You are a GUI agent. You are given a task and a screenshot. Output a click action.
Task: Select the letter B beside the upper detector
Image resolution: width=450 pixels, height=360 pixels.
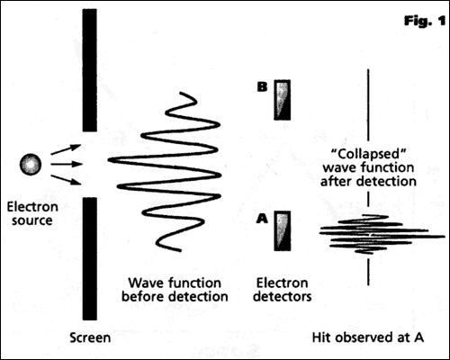(x=263, y=88)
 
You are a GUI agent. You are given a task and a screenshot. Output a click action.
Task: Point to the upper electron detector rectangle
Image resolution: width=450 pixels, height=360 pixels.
(x=283, y=100)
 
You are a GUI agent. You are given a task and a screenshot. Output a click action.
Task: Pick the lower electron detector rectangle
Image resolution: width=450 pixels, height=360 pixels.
(x=283, y=230)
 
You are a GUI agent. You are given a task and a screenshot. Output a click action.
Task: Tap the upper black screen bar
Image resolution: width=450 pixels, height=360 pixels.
(x=89, y=72)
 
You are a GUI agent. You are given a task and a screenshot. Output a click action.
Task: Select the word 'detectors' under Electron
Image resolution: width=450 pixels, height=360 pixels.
(x=283, y=293)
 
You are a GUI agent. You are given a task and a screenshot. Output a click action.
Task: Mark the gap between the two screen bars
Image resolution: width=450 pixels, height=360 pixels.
(x=89, y=165)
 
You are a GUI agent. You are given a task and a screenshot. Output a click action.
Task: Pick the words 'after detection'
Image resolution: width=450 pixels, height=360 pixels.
(x=369, y=182)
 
